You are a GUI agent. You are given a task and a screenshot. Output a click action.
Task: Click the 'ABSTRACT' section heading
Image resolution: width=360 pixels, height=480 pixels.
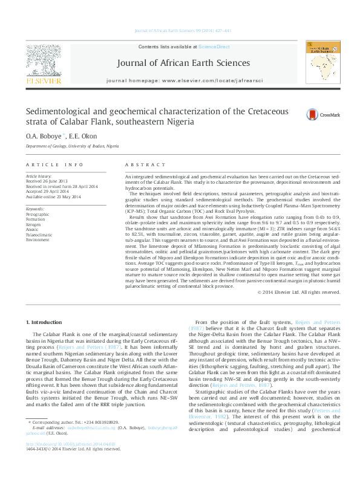point(141,165)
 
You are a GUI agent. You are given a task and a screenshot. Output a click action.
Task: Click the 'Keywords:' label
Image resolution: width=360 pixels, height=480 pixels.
point(36,209)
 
